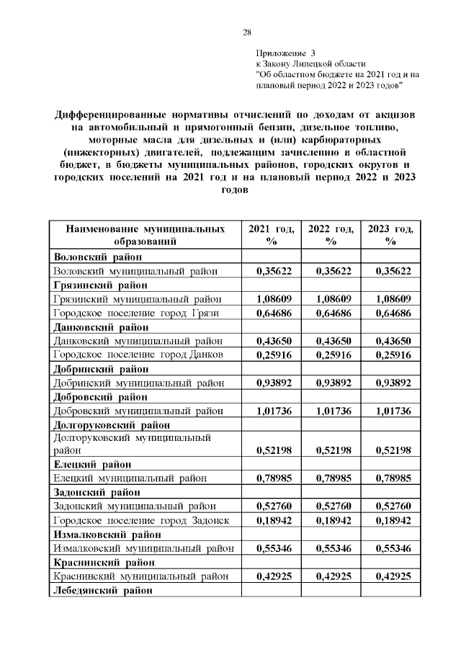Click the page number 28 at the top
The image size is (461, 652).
(x=246, y=32)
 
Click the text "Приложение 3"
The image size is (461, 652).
(x=285, y=53)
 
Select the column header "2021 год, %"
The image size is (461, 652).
(x=271, y=236)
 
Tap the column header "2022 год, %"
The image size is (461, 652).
(x=330, y=236)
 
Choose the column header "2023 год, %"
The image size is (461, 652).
(x=390, y=236)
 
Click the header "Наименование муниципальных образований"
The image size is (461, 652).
(x=144, y=236)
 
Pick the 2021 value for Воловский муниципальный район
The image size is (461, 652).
(x=271, y=271)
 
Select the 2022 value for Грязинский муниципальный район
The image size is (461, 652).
(x=330, y=299)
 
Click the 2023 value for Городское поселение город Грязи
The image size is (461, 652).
(x=390, y=313)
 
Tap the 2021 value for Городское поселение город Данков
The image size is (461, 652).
(x=271, y=354)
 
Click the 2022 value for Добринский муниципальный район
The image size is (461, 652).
(x=330, y=383)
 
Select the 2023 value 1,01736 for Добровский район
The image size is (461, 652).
(x=390, y=411)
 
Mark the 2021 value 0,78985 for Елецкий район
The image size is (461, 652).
(x=271, y=478)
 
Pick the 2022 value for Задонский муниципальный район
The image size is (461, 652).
(x=330, y=506)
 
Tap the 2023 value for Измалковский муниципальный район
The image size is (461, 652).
(x=390, y=548)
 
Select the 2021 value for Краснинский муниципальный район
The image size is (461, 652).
(x=271, y=576)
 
